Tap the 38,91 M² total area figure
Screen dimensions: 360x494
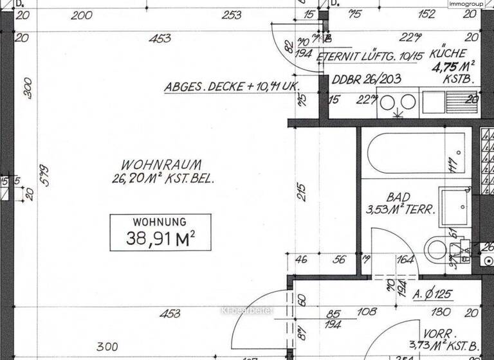pos(161,240)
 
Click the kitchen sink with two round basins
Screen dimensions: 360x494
pos(398,103)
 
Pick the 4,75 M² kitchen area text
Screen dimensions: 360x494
pos(453,67)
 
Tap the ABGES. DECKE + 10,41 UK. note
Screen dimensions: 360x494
pos(233,86)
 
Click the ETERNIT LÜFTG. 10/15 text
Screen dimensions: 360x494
pos(370,56)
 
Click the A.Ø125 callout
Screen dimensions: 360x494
pos(433,295)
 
